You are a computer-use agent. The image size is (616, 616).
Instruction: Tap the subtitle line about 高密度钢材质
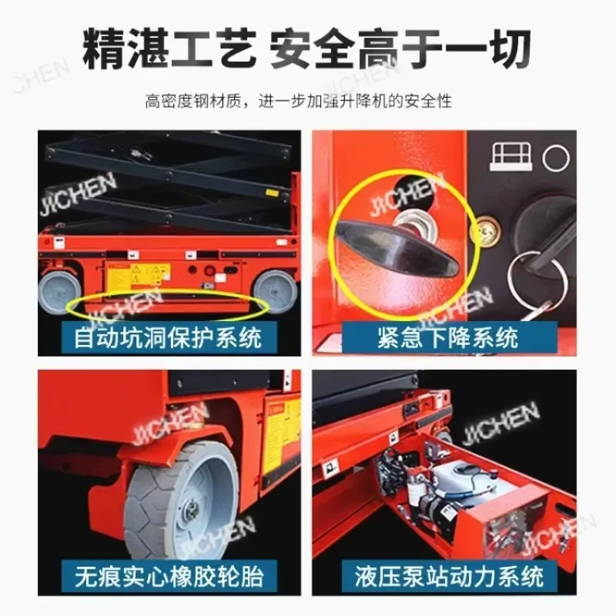click(x=308, y=100)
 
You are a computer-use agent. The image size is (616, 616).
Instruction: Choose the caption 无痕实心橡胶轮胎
click(x=168, y=575)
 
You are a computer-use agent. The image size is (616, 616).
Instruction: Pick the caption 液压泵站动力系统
click(x=447, y=575)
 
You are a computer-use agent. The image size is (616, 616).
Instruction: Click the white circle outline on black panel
click(x=555, y=159)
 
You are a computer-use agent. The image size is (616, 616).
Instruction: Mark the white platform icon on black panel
click(x=510, y=156)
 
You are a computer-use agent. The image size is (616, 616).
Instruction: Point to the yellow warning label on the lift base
click(x=139, y=276)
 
